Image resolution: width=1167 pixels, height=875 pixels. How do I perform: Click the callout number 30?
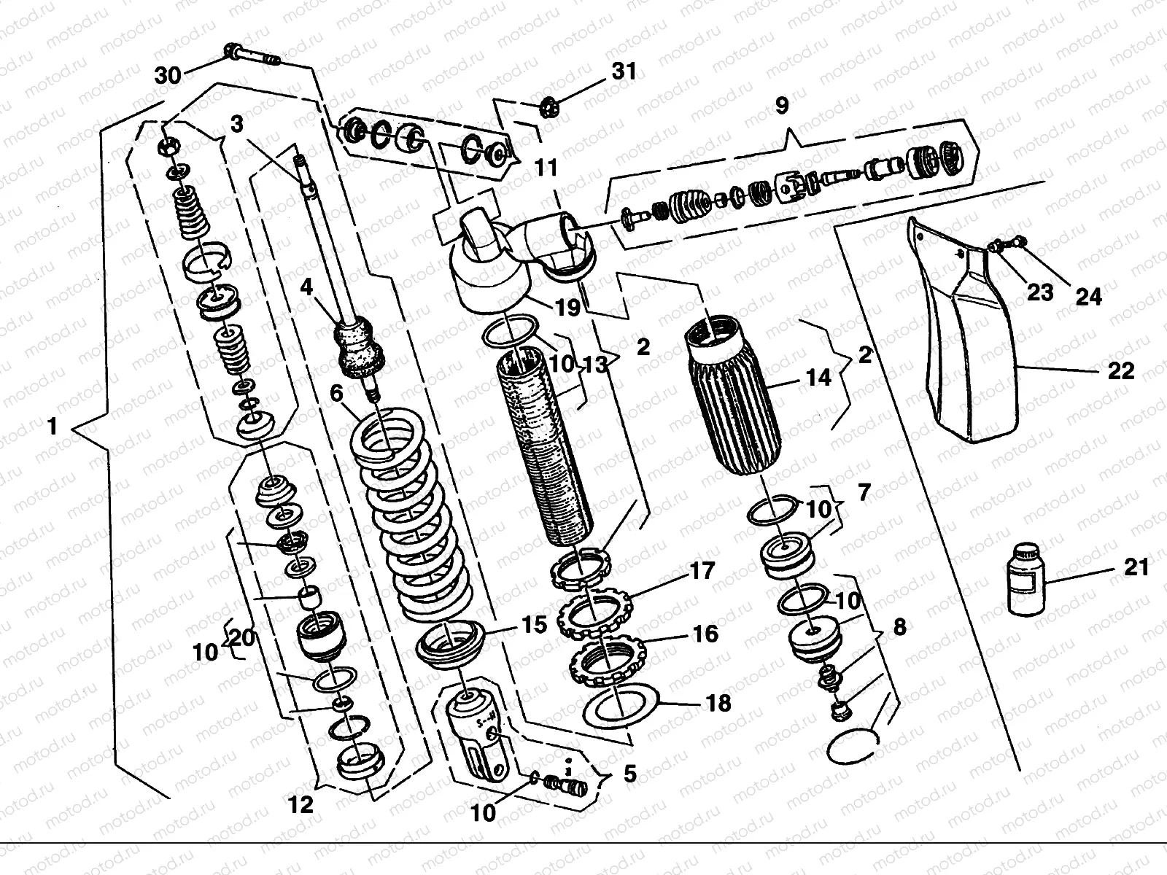click(168, 75)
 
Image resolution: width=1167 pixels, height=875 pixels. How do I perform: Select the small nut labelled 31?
click(550, 109)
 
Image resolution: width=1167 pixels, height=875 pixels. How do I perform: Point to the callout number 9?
click(782, 106)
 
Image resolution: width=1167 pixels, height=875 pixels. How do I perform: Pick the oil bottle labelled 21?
click(1026, 578)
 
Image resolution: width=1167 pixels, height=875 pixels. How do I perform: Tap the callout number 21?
click(1136, 567)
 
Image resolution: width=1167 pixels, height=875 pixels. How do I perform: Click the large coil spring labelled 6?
click(412, 516)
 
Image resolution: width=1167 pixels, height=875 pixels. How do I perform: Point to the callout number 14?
click(818, 378)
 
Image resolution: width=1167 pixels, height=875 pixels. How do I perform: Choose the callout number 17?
click(702, 571)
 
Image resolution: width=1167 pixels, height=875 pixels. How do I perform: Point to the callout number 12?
click(301, 806)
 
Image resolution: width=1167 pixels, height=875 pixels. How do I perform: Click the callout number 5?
click(630, 774)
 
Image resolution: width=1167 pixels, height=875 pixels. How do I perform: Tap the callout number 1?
click(52, 426)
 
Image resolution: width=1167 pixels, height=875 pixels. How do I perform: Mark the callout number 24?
click(1088, 297)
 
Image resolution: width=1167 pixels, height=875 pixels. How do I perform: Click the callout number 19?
click(567, 307)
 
